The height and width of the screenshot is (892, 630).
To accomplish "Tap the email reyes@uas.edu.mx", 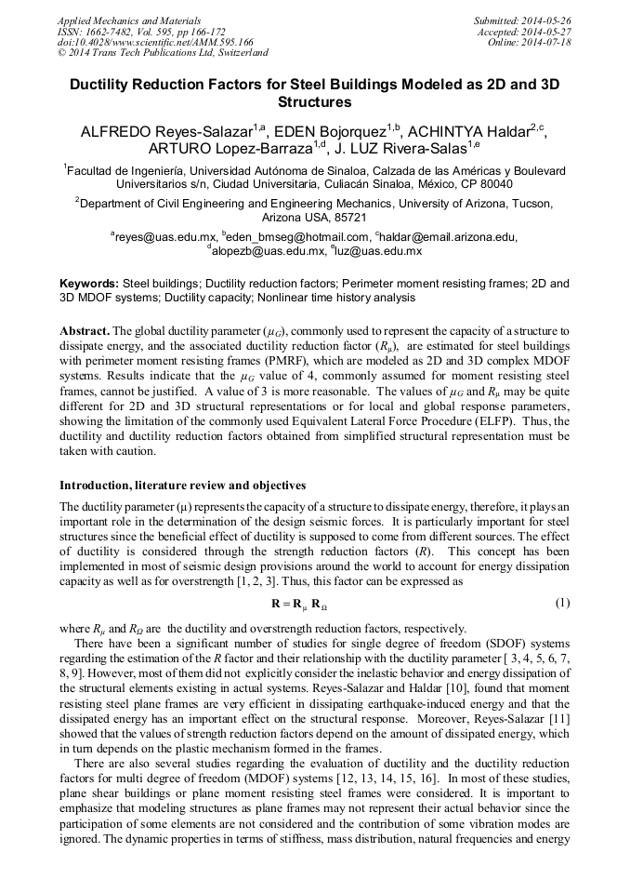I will [x=164, y=237].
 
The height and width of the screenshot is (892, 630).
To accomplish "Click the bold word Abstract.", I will [x=85, y=331].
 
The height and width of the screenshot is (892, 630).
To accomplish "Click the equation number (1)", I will [x=561, y=604].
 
